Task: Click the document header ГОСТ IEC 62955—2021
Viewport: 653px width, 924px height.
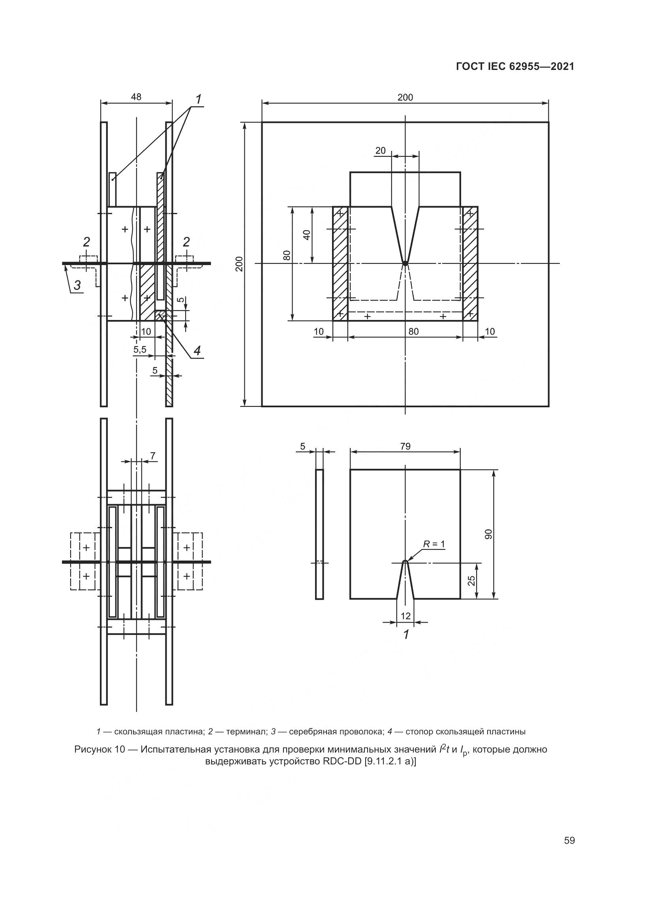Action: click(515, 67)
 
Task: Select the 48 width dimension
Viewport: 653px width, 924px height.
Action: click(136, 97)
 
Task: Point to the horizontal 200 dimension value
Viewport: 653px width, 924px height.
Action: click(405, 98)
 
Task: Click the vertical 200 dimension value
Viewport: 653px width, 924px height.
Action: click(239, 263)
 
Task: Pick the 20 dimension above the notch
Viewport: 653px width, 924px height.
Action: click(380, 151)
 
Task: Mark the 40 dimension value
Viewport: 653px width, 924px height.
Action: click(307, 235)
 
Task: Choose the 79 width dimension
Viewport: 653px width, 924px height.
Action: click(405, 446)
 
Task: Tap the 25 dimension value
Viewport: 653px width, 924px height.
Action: click(472, 580)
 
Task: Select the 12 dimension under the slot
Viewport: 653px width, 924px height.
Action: click(406, 616)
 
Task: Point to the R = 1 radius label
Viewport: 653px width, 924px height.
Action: click(434, 544)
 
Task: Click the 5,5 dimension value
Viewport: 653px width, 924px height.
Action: click(140, 350)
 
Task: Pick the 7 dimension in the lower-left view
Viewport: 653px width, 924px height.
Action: click(152, 455)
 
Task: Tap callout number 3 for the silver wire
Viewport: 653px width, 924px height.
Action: click(77, 285)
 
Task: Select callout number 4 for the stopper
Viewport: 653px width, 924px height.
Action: click(197, 351)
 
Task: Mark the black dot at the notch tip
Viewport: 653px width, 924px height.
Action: click(405, 263)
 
